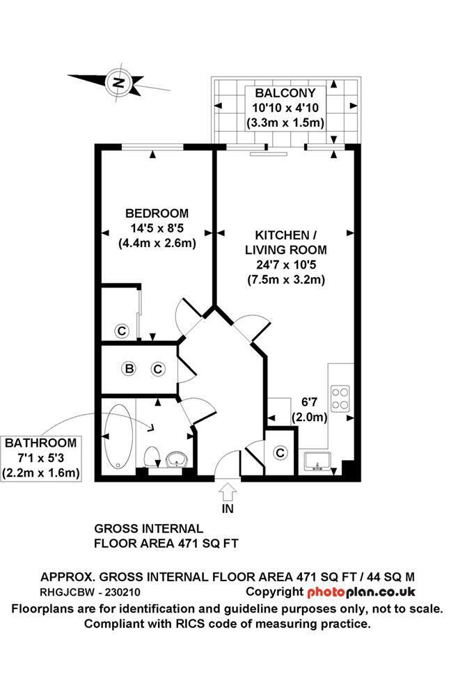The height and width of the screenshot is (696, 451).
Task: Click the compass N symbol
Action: coord(119,83)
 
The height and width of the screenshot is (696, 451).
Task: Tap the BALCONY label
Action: coord(285,93)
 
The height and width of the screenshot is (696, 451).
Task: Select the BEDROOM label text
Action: coord(157,213)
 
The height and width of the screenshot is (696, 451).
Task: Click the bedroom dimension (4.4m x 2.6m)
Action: coord(157,243)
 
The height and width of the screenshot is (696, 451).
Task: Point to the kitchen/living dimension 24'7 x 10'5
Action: coord(285,264)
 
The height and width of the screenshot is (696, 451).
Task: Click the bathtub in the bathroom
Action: coord(120,436)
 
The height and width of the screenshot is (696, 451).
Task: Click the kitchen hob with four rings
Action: coord(341,397)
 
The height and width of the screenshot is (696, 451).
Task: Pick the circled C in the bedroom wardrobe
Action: coord(121,331)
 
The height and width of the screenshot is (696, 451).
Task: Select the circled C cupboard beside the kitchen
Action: coord(280,453)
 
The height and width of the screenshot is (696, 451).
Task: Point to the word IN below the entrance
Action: coord(228,509)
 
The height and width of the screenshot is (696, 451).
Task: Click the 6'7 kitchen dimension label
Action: coord(309,402)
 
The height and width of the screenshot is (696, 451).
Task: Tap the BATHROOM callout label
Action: coord(40,443)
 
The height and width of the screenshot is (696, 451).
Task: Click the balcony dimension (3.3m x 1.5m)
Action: coord(285,123)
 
